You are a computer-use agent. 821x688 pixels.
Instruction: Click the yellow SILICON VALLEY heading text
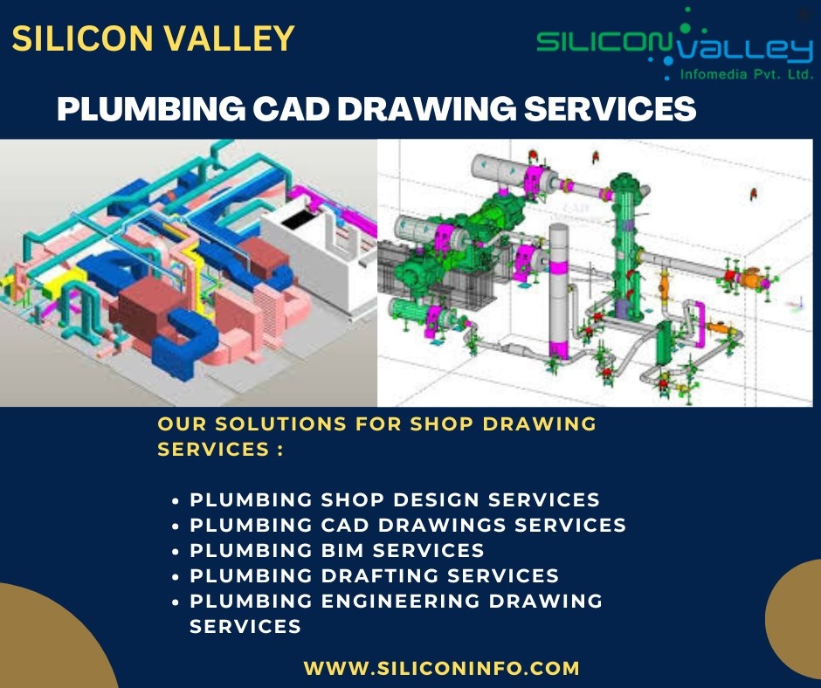[x=153, y=38]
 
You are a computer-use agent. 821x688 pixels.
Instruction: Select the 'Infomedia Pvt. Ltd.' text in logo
[x=746, y=75]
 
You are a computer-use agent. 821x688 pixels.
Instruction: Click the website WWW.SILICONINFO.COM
[x=441, y=668]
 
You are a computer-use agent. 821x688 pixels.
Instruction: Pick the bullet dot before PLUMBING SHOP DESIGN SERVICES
[x=176, y=500]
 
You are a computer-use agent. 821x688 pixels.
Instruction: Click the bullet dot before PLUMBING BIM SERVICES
[x=176, y=551]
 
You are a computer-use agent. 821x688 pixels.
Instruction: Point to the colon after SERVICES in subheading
[x=280, y=450]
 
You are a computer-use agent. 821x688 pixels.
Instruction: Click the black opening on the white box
[x=301, y=218]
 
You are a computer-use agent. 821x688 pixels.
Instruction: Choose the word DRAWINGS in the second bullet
[x=442, y=525]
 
